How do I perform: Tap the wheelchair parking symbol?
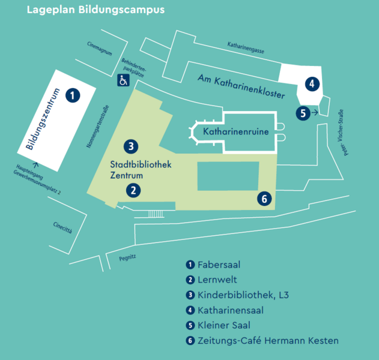[x=123, y=80]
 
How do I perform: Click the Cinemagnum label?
[x=100, y=48]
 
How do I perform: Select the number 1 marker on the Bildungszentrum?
[x=73, y=95]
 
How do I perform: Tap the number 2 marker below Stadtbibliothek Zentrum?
[x=133, y=191]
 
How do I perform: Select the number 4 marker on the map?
[x=312, y=84]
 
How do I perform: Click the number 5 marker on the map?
[x=303, y=112]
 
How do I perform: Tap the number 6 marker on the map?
[x=265, y=198]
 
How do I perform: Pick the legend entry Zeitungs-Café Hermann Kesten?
[x=268, y=341]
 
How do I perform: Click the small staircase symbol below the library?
[x=156, y=214]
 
